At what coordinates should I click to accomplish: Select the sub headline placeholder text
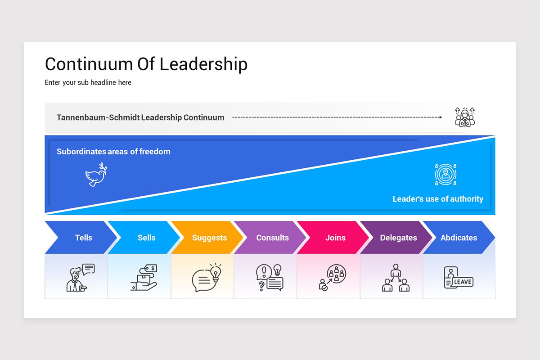pos(88,83)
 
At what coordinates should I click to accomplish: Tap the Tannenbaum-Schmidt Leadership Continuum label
pos(140,117)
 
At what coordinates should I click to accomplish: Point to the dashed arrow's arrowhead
pos(440,117)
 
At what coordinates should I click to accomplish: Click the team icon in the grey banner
pos(465,117)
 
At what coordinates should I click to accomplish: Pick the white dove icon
pos(96,175)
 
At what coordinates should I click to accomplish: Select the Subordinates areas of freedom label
pos(113,152)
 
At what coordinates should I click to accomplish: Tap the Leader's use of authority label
pos(438,199)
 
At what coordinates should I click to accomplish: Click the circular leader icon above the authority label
pos(445,174)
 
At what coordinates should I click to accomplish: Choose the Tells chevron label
pos(84,238)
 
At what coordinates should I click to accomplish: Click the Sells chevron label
pos(147,238)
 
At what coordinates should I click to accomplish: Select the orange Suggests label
pos(209,238)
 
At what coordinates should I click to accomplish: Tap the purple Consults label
pos(273,238)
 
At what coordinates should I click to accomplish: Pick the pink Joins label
pos(335,238)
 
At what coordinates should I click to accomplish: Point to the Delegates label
pos(398,238)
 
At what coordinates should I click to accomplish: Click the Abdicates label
pos(459,238)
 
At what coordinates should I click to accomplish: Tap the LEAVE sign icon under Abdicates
pos(458,278)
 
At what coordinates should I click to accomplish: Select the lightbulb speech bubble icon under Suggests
pos(207,278)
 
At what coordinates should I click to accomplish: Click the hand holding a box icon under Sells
pos(144,278)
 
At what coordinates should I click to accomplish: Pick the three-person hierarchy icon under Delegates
pos(396,278)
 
